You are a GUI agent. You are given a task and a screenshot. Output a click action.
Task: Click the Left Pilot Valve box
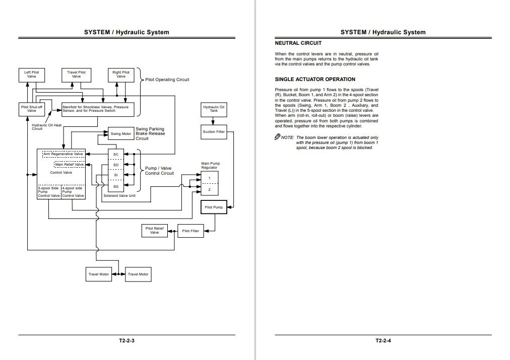pos(31,75)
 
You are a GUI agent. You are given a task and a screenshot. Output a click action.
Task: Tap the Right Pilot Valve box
pos(121,75)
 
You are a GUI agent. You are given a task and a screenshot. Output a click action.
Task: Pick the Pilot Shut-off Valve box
pos(31,109)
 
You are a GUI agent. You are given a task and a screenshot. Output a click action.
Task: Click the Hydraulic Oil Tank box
pos(214,109)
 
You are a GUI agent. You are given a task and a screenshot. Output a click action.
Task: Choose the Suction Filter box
pos(214,132)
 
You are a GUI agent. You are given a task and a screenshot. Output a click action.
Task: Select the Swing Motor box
pos(120,134)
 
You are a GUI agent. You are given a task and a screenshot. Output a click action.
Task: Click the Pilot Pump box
pos(214,207)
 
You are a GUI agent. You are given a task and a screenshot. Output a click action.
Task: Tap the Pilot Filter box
pos(190,231)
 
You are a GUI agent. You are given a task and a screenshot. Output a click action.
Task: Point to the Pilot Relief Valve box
pos(155,231)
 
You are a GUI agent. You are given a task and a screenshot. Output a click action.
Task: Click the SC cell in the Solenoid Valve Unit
pos(115,154)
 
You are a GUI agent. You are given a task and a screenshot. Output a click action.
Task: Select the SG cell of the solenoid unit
pos(115,186)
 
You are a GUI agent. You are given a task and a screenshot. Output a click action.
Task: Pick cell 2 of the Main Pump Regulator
pos(210,189)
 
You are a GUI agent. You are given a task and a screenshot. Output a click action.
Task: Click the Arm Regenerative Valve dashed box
pos(63,154)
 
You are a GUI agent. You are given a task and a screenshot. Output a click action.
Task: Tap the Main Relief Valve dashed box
pos(69,164)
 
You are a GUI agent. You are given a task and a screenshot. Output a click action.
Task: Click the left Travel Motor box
pos(99,274)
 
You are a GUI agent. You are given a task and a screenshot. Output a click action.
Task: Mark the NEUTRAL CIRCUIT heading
pos(298,43)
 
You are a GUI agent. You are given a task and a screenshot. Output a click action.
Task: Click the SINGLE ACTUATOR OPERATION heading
pos(315,80)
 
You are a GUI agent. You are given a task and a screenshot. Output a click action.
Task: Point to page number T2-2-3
pos(127,341)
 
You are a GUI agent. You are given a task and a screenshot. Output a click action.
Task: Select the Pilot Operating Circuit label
pos(167,80)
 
